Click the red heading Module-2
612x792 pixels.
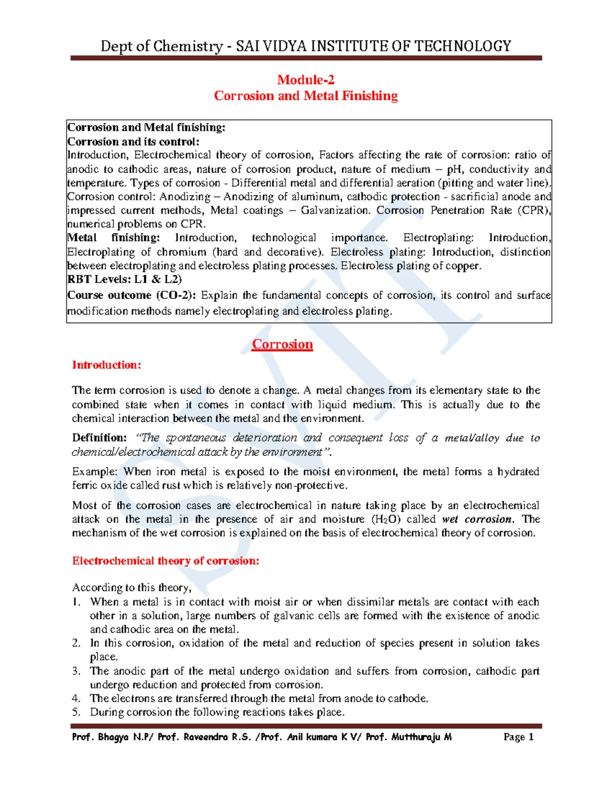coord(305,80)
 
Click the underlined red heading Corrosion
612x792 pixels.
coord(282,344)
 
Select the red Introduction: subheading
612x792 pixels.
coord(106,365)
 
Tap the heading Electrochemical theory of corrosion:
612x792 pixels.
coord(166,561)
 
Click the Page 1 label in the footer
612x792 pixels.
coord(518,737)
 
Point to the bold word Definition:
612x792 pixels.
coord(99,438)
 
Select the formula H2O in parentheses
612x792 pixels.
coord(382,519)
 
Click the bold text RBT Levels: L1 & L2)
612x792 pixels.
coord(124,279)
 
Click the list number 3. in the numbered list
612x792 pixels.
coord(76,671)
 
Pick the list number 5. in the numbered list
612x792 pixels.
coord(76,712)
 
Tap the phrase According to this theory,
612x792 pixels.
coord(132,587)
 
